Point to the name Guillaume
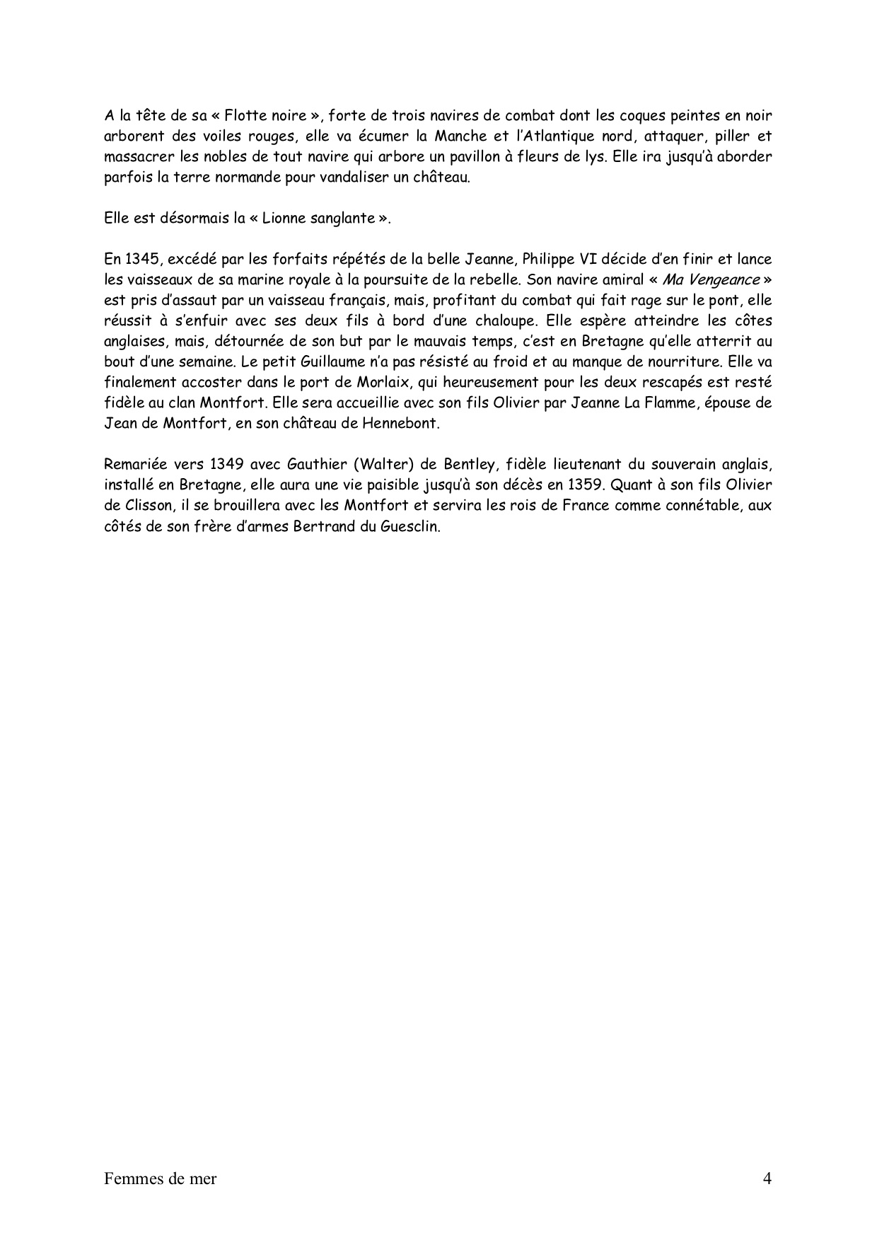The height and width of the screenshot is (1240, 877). click(x=253, y=362)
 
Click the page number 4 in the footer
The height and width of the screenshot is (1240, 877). click(x=767, y=1179)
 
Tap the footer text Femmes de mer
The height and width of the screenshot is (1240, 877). click(x=160, y=1179)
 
